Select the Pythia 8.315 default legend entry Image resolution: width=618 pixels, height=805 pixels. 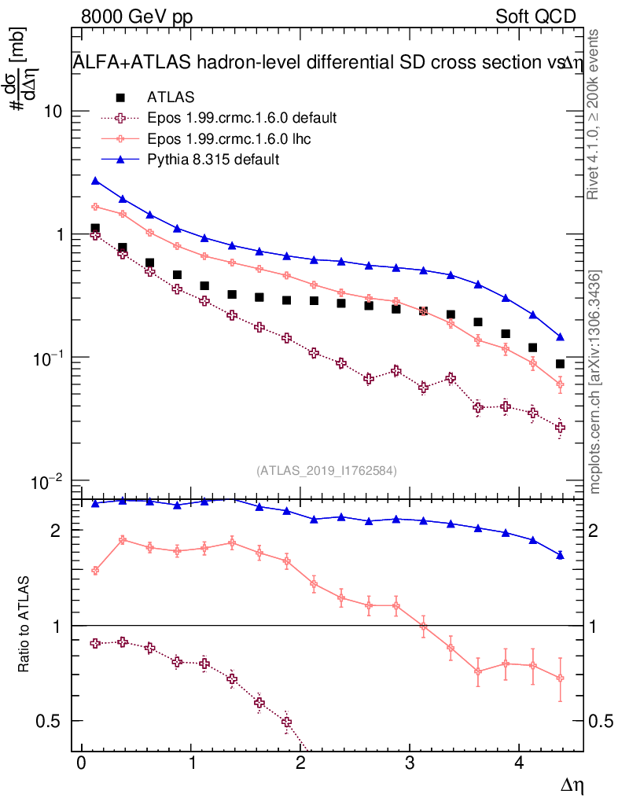213,160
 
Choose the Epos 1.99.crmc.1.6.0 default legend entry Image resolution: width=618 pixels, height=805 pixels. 241,118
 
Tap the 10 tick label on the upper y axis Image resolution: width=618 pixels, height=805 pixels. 53,112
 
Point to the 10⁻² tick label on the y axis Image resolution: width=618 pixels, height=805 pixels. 49,480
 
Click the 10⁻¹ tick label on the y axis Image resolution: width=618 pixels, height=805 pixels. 49,358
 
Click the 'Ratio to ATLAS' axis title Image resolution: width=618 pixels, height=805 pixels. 24,626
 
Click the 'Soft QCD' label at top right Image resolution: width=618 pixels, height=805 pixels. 535,17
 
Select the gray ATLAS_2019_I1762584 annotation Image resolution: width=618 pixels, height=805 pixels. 326,471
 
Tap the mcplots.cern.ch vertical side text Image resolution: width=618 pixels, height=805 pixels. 595,383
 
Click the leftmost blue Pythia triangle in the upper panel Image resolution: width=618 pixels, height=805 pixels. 95,181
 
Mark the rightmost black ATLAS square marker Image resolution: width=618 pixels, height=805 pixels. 560,364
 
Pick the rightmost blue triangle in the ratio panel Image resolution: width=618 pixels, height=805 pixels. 560,555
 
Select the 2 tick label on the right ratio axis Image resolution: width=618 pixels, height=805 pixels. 594,531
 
